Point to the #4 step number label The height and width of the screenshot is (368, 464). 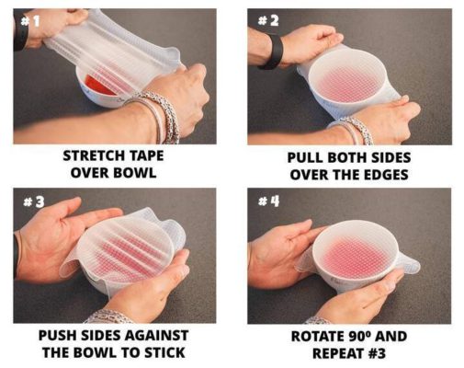[266, 201]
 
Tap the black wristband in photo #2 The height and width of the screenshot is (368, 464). [271, 51]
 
